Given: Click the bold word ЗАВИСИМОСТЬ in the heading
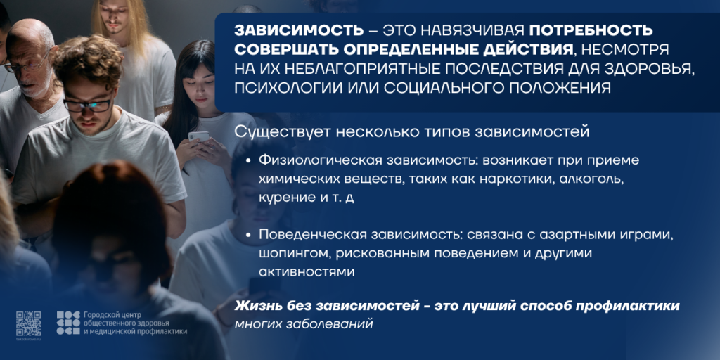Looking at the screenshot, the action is point(298,30).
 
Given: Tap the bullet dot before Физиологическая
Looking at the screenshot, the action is point(248,161).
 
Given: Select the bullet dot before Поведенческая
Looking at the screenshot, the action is point(248,235).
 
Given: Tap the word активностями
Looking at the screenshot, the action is point(307,272).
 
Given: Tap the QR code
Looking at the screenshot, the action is point(28,323).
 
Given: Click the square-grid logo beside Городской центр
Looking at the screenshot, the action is point(68,323).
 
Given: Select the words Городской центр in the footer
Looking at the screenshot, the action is point(113,315).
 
